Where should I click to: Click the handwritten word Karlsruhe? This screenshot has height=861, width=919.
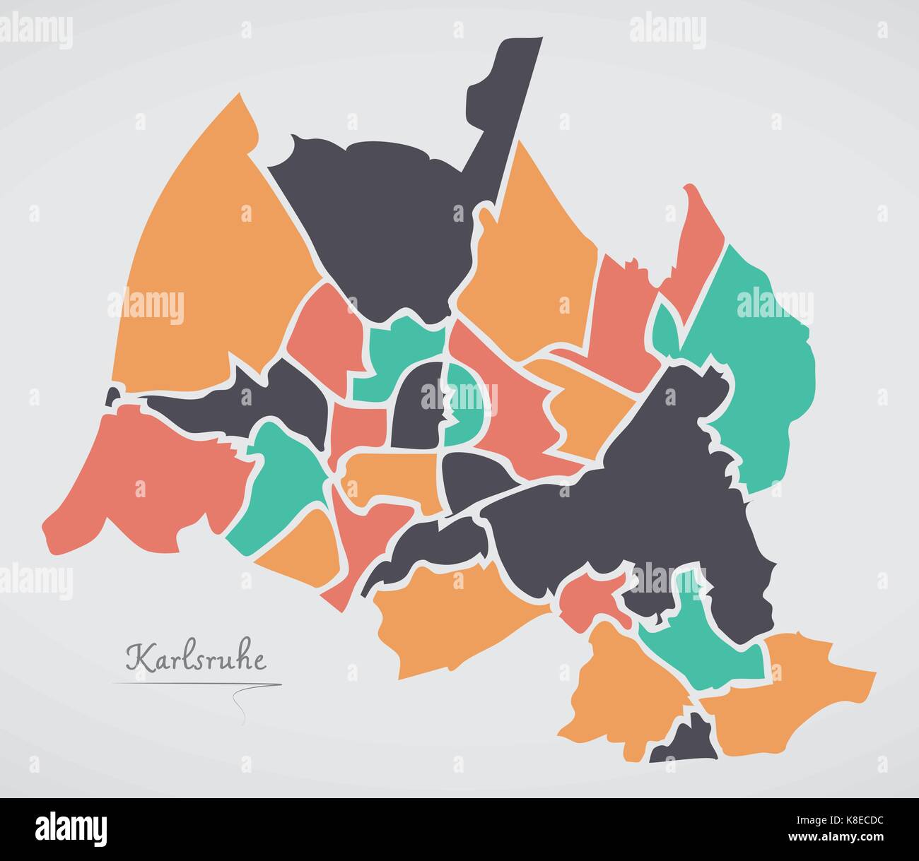tap(197, 660)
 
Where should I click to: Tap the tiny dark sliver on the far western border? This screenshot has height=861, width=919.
tap(112, 397)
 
